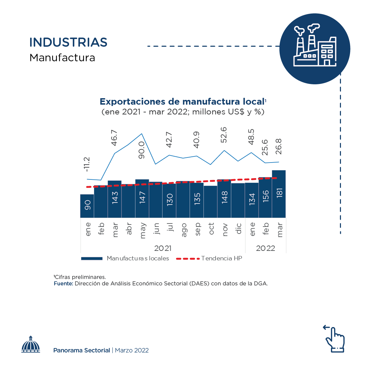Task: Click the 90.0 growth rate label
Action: (142, 150)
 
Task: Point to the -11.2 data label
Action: (87, 164)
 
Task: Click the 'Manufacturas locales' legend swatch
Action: (92, 259)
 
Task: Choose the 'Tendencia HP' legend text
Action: (221, 258)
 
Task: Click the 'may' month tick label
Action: (142, 231)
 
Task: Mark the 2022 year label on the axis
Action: (265, 248)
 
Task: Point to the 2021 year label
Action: (163, 248)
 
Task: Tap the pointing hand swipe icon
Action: (334, 339)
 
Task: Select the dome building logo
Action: (31, 344)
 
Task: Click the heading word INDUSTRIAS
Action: (68, 42)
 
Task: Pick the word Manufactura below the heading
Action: (62, 58)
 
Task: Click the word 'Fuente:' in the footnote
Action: (63, 284)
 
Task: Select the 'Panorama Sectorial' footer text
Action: (82, 350)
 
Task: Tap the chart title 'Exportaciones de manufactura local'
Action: (182, 102)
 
